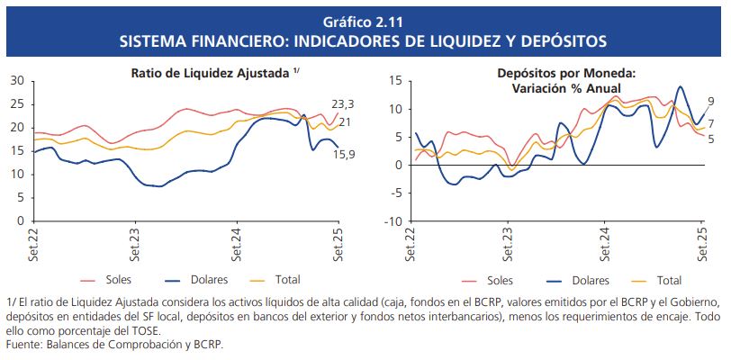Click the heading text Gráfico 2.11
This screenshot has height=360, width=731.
365,22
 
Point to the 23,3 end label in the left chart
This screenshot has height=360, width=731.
344,103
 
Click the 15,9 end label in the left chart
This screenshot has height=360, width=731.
344,155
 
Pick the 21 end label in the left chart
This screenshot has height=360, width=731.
345,122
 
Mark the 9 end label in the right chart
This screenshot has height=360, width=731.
710,101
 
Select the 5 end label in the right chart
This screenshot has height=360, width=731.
710,139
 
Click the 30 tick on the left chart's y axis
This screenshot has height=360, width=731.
16,81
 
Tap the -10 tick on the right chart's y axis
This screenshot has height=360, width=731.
393,220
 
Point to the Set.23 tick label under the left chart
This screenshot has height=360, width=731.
135,244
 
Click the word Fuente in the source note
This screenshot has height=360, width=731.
24,344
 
